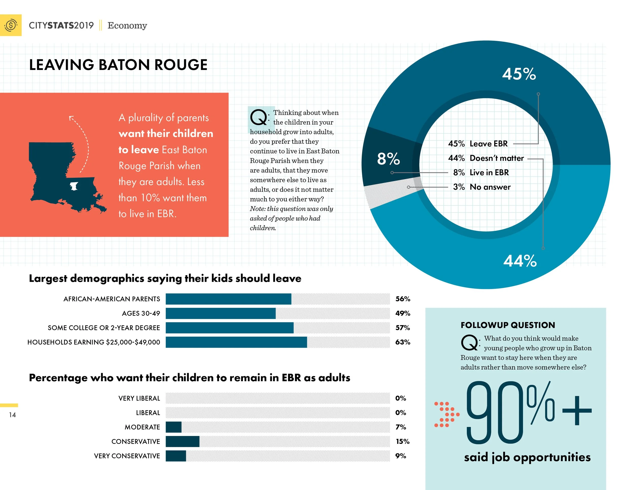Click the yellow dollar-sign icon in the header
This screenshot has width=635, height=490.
point(11,25)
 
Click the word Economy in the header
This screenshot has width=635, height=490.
point(127,26)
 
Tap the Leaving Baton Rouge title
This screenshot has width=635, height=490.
point(118,65)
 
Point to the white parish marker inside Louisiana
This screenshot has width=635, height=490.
point(74,186)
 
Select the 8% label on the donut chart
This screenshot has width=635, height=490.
point(388,159)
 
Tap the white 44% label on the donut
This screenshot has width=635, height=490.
point(520,261)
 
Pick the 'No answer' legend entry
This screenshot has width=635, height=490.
point(482,187)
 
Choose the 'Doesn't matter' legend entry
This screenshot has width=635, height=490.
point(486,158)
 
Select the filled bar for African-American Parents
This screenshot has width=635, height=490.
point(228,299)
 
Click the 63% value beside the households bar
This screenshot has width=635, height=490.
point(403,342)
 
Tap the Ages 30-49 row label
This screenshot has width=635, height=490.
point(141,313)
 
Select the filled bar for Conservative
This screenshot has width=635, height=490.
point(183,442)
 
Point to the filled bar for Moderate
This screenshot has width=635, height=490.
point(173,427)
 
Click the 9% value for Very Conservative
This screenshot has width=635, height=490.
point(401,456)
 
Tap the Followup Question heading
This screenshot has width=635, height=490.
point(508,325)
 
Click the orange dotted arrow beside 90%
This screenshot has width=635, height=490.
point(447,414)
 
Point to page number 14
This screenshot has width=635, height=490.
point(12,415)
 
